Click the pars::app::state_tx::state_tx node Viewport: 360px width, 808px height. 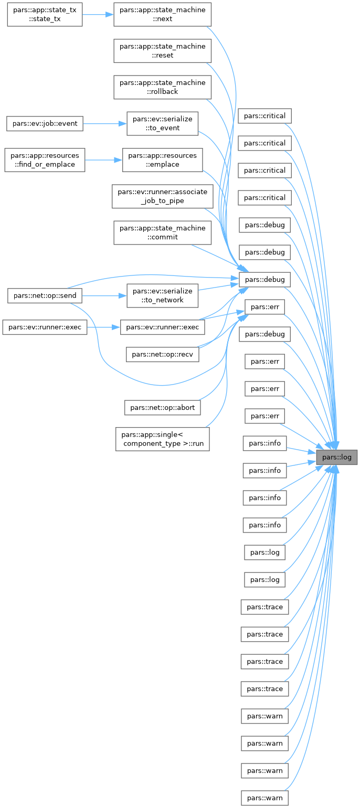tap(44, 15)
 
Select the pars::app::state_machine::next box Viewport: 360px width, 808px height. tap(162, 15)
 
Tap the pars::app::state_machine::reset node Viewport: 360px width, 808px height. tap(162, 51)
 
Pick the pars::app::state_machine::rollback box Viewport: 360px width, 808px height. tap(162, 87)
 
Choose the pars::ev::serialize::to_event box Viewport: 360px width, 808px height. tap(162, 123)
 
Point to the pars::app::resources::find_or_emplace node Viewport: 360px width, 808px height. tap(44, 160)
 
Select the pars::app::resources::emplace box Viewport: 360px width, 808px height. tap(162, 160)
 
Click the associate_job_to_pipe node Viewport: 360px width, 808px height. tap(162, 196)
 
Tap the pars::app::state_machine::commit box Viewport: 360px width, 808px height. tap(162, 232)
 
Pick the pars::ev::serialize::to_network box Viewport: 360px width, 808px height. tap(162, 295)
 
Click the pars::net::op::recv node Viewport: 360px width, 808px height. tap(162, 355)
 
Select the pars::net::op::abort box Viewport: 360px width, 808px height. tap(162, 407)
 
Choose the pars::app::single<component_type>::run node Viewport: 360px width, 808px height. tap(162, 439)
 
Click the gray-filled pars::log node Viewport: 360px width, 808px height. tap(336, 457)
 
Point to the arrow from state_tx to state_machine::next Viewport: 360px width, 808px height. tap(98, 15)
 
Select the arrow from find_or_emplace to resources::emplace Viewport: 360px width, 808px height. tap(103, 160)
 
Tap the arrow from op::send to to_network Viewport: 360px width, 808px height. tap(104, 295)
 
